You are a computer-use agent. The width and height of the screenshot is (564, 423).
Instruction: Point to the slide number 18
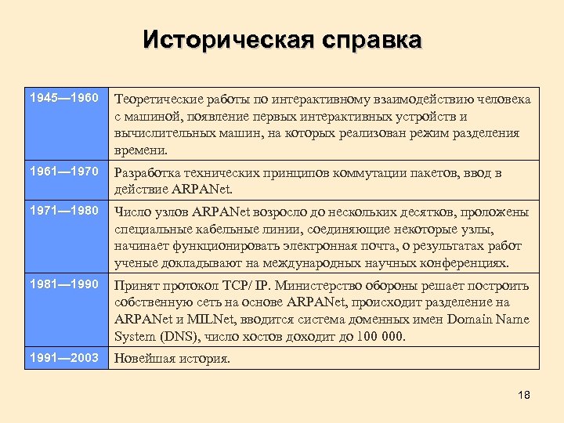tap(524, 395)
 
